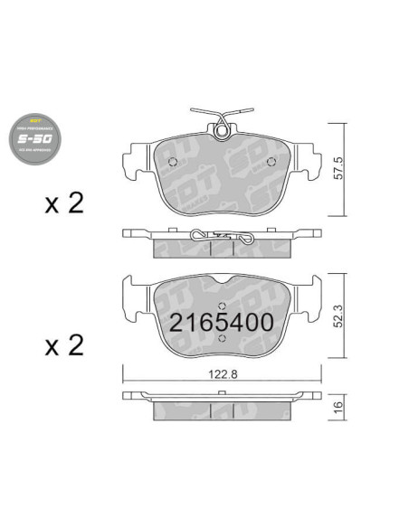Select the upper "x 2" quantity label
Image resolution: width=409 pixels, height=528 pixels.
[63, 203]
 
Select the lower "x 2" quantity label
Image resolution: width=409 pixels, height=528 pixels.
[63, 344]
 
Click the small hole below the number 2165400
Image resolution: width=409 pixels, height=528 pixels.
[223, 338]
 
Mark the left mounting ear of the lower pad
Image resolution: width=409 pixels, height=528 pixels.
[133, 297]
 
